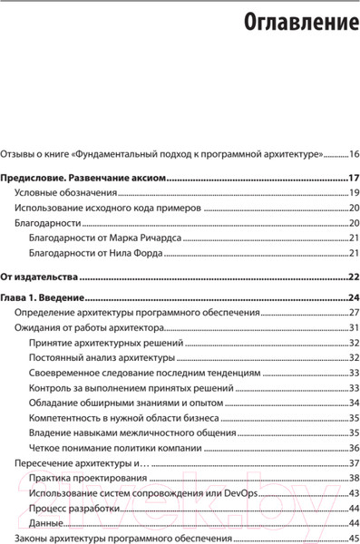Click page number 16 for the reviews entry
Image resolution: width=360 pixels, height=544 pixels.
354,155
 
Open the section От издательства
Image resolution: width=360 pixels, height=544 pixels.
39,277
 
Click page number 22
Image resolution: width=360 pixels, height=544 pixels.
354,277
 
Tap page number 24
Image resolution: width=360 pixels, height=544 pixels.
354,297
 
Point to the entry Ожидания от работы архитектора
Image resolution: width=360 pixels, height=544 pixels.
89,328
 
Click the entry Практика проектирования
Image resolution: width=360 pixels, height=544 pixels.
81,479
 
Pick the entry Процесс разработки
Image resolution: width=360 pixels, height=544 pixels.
73,510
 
